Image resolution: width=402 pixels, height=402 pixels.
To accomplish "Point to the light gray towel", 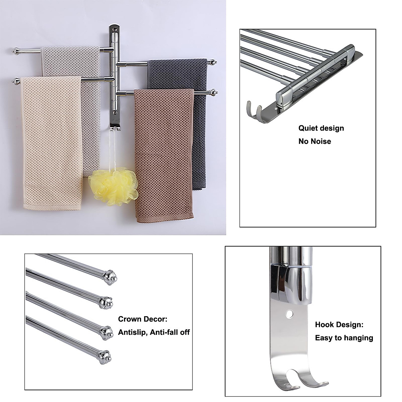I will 70,60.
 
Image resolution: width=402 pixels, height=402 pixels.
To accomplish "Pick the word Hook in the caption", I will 324,325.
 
